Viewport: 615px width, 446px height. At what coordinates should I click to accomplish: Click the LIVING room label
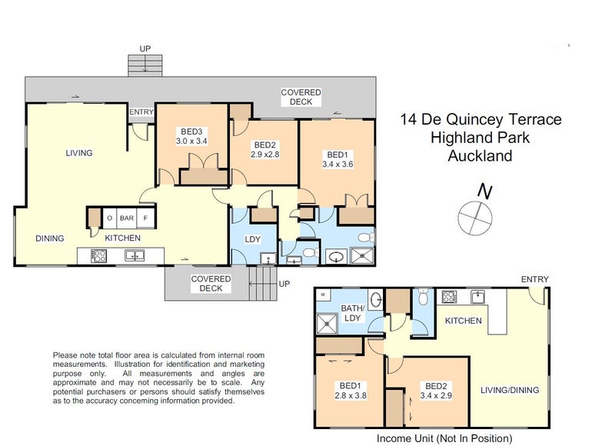click(78, 153)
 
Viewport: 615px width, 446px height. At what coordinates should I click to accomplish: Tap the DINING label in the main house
click(49, 238)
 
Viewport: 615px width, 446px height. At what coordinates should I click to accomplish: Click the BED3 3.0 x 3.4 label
click(191, 136)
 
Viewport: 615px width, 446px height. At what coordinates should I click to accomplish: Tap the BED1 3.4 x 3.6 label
click(338, 158)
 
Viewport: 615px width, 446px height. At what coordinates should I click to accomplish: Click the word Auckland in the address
click(480, 156)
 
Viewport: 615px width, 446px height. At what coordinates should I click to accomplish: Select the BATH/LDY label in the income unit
click(353, 314)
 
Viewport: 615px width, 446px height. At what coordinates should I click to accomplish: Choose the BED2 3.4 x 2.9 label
click(435, 391)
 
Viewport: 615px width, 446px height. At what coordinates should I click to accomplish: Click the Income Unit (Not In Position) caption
click(444, 438)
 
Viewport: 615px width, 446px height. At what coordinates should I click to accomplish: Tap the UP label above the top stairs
click(145, 48)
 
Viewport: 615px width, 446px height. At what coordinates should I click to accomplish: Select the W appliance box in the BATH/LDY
click(324, 295)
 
